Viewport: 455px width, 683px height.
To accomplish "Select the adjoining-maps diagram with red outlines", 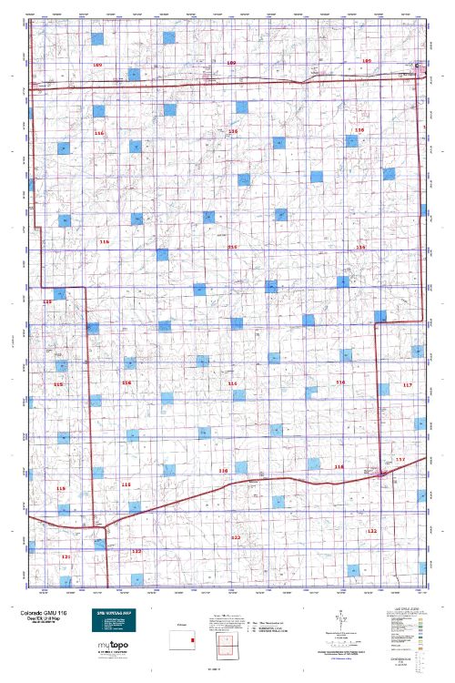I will (x=221, y=650).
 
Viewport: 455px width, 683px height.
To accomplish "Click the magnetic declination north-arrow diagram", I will (x=339, y=623).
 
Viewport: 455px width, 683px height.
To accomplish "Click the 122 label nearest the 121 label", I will (x=136, y=551).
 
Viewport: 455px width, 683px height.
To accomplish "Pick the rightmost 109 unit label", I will (x=368, y=61).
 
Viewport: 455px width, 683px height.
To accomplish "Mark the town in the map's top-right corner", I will (x=420, y=66).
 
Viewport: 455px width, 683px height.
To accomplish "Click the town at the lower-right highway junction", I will (x=379, y=474).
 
